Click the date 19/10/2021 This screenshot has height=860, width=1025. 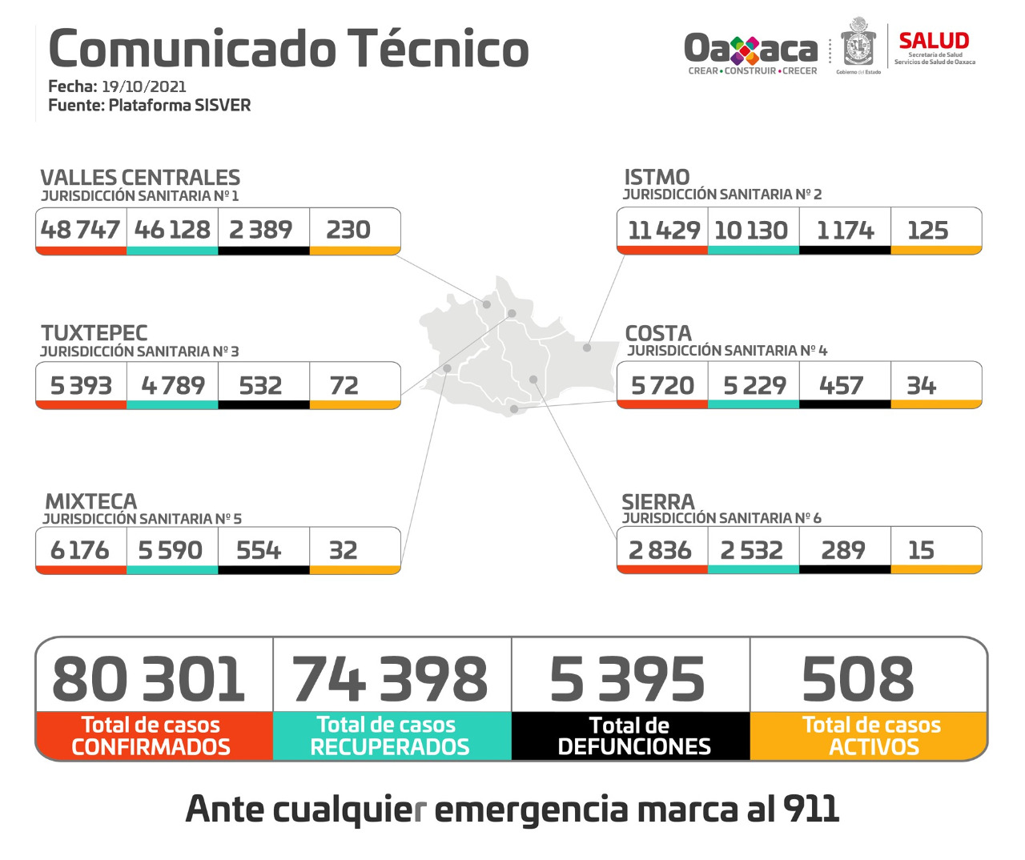point(143,86)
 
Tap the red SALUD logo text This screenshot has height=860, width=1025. point(934,41)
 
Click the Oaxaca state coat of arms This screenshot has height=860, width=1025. point(858,45)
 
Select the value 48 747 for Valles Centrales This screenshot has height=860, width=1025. point(80,230)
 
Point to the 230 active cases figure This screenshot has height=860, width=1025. point(348,230)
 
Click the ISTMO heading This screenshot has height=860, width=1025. point(657,177)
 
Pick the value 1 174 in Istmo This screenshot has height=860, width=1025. point(845,231)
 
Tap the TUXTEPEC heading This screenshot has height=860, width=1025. point(94,333)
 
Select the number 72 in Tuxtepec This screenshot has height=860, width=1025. point(344,386)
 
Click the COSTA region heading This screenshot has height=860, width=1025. point(658,333)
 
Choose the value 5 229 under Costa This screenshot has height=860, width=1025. point(754,386)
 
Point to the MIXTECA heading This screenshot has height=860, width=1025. point(90,501)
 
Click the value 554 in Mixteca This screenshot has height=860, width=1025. point(259,550)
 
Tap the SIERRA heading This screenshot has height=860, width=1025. point(658,502)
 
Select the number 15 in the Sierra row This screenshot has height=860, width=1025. point(921,550)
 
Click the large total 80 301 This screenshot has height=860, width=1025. point(149,679)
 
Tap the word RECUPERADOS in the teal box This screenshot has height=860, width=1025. point(390,747)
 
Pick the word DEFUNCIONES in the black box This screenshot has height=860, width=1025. point(634,747)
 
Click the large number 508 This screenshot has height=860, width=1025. point(858,679)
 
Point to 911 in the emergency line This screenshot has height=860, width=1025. point(811,809)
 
